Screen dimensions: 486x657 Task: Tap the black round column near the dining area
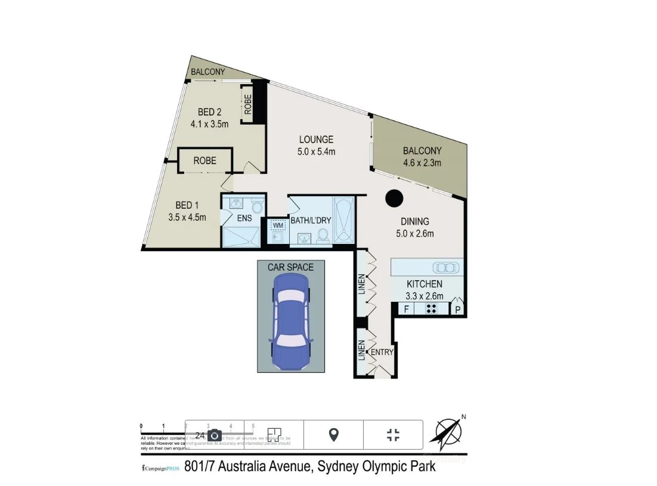393,198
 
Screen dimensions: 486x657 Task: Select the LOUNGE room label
316,140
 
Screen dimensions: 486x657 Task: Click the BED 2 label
210,112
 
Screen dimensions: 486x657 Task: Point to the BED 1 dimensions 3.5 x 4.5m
187,217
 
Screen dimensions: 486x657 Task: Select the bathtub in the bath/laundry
343,220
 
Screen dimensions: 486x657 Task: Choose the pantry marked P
458,309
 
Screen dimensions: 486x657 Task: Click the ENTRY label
382,352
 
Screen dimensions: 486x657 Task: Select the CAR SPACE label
290,267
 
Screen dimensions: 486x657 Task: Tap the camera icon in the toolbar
215,435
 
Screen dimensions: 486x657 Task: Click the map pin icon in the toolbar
334,435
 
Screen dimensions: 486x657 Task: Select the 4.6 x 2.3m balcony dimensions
422,163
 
